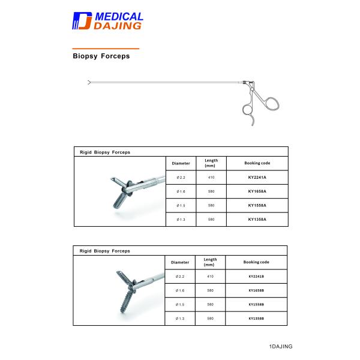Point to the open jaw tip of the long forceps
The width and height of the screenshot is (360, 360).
coord(89,82)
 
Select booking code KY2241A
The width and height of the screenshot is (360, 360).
coord(257,178)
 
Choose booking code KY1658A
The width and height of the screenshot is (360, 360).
coord(257,191)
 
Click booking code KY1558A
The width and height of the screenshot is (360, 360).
coord(257,205)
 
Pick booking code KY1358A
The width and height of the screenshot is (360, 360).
coord(257,219)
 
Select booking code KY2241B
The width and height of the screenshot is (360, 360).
coord(257,277)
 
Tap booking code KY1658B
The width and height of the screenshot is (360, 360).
coord(257,290)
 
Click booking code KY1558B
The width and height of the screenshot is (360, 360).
coord(257,304)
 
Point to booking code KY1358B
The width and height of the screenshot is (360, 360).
coord(257,318)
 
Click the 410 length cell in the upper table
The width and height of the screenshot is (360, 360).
coord(211,178)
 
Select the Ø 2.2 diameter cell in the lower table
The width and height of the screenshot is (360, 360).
coord(181,277)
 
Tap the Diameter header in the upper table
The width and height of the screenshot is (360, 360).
coord(181,163)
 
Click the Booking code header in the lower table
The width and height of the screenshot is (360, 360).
coord(257,262)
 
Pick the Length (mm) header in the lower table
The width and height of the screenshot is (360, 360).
coord(211,262)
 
